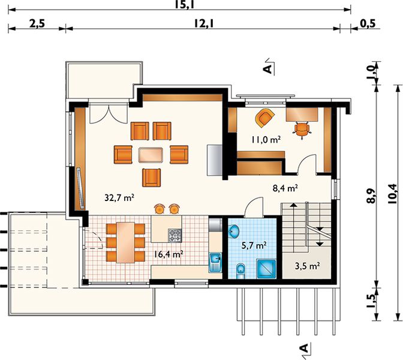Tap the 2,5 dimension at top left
point(37,23)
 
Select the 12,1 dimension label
point(204,23)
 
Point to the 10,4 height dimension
point(393,194)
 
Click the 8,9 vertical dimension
point(371,196)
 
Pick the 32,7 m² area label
point(119,197)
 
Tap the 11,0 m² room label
point(266,140)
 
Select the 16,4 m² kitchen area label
point(169,254)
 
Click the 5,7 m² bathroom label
point(254,245)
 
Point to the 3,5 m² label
point(308,266)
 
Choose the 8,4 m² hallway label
point(285,188)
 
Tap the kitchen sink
point(215,262)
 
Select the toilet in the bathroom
point(240,271)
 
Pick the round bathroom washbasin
point(234,231)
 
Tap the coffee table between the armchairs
point(151,155)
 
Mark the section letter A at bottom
point(304,348)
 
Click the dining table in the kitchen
point(125,242)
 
